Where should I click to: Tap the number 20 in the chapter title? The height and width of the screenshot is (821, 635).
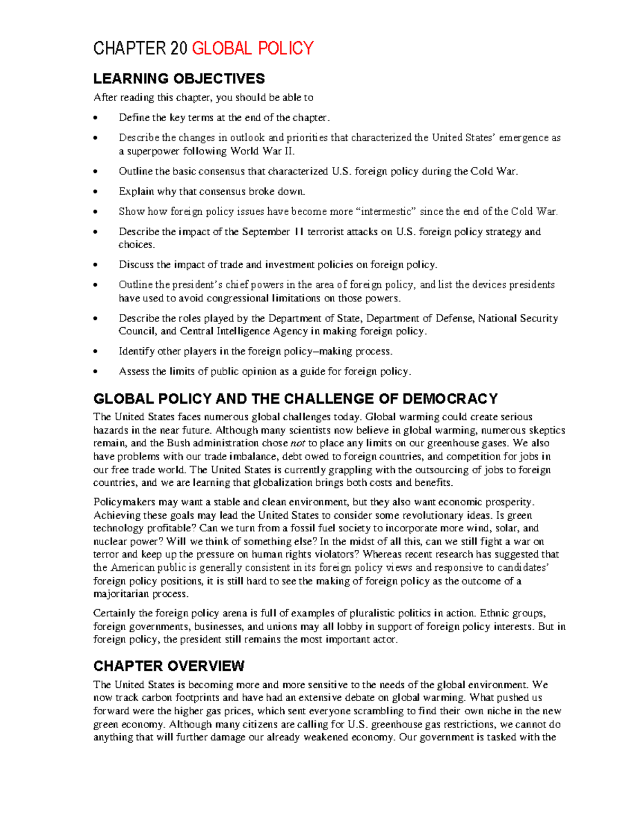coord(179,49)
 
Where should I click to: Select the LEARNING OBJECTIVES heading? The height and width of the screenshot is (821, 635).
coord(179,79)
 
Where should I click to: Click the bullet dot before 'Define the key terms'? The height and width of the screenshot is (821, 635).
coord(95,118)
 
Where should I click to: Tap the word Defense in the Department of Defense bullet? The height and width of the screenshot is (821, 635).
coord(455,318)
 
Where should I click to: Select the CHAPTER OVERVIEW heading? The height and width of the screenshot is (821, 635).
coord(169,666)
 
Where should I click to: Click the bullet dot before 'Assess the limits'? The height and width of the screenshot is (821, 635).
coord(95,372)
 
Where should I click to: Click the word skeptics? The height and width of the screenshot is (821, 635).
coord(546,430)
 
